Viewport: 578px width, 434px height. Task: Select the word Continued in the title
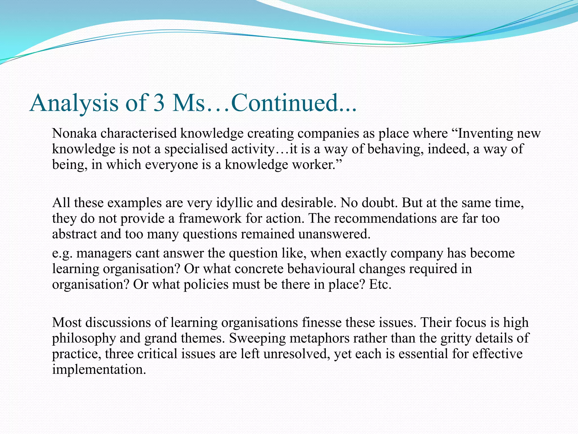(x=284, y=103)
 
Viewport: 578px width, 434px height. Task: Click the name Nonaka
(x=74, y=133)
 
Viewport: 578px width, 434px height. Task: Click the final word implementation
(x=99, y=370)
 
